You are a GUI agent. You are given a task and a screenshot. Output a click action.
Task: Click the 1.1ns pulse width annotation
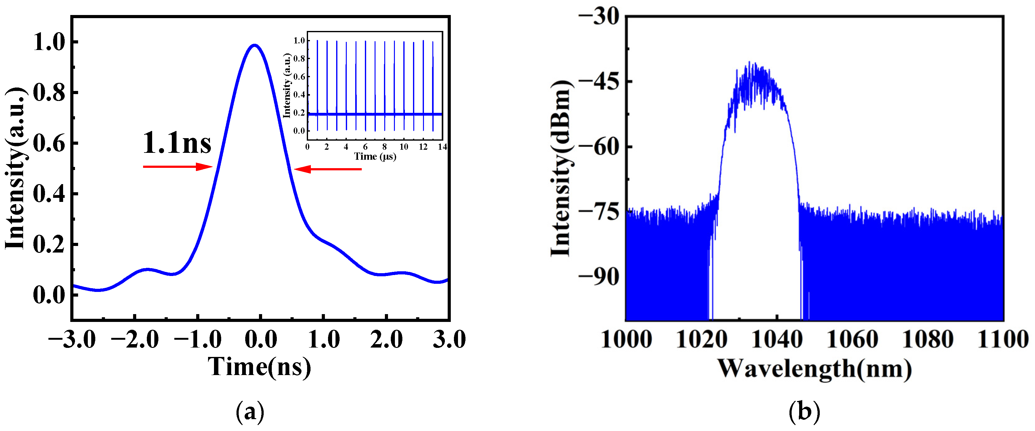click(x=177, y=143)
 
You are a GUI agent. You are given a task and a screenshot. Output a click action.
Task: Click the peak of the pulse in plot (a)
click(x=254, y=45)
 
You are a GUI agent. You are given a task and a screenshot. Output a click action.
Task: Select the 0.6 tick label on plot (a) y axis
click(x=49, y=143)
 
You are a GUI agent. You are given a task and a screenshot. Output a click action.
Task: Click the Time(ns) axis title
click(x=259, y=367)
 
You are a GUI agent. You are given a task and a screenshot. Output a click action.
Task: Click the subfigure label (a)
click(x=250, y=411)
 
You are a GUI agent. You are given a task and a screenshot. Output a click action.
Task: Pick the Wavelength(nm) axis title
click(x=814, y=368)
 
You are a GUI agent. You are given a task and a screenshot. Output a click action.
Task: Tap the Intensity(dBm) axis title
click(x=561, y=168)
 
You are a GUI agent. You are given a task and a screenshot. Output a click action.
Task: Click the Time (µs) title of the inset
click(x=375, y=156)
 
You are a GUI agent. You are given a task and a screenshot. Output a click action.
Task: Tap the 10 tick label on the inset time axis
click(x=404, y=147)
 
